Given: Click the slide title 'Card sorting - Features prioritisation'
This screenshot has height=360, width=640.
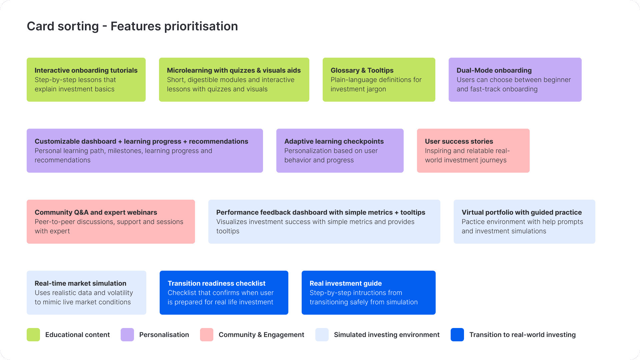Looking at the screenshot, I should click(132, 26).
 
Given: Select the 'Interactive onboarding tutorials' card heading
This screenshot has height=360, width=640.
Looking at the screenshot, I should click(86, 70).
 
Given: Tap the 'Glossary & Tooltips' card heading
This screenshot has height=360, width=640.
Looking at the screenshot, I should click(362, 70).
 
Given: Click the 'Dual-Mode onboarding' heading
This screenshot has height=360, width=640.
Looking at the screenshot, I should click(494, 70).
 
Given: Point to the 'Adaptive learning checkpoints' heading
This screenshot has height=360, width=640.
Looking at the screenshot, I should click(334, 141).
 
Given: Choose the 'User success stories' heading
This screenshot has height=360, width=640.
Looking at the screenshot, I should click(459, 141).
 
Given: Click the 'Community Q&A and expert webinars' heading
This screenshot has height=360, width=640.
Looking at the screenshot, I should click(96, 212).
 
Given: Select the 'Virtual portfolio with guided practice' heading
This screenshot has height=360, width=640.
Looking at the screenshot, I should click(522, 212).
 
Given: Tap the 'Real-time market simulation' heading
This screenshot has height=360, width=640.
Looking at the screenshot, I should click(80, 283).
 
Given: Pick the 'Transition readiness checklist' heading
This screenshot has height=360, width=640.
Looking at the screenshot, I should click(216, 283).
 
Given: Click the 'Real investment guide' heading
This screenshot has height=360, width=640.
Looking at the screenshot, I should click(346, 283).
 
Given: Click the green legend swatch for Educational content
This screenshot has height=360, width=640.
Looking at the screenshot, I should click(33, 335).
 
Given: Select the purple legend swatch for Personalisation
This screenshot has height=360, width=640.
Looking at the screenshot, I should click(127, 335).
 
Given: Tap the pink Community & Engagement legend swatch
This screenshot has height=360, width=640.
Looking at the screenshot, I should click(207, 335).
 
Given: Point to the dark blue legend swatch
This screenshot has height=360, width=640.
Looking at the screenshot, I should click(457, 335).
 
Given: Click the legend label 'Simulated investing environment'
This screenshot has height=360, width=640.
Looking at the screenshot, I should click(387, 335).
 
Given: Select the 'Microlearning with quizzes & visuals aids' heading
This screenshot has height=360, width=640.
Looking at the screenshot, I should click(234, 70).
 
